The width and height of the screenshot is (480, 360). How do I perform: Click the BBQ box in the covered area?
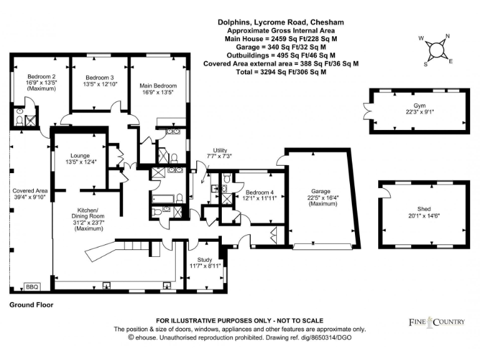[32, 287]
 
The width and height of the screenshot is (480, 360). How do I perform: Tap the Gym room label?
[419, 106]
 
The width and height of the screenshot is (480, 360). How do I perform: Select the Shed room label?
[424, 209]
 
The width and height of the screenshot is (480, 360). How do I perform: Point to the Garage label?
[321, 191]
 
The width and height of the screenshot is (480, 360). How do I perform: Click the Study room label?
[204, 259]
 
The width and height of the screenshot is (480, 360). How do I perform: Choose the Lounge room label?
[80, 156]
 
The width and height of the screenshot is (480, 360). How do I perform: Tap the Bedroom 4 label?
[259, 192]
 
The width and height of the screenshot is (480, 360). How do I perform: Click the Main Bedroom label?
[158, 86]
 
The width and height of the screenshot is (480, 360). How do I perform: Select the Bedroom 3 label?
[99, 77]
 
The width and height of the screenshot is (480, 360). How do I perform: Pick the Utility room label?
[220, 150]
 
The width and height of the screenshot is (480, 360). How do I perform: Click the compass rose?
[436, 49]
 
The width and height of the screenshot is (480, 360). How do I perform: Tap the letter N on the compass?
[447, 36]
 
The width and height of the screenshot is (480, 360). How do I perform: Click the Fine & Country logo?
[437, 322]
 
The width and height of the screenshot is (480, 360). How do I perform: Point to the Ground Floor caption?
[31, 305]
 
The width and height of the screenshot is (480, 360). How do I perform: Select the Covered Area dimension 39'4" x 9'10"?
[30, 197]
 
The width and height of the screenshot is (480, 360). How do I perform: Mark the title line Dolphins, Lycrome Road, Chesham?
[281, 22]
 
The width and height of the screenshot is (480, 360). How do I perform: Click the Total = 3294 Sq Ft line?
[281, 72]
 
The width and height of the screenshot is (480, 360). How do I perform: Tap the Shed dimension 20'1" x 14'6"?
[424, 216]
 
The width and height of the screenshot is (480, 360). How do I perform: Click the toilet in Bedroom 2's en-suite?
[19, 121]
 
